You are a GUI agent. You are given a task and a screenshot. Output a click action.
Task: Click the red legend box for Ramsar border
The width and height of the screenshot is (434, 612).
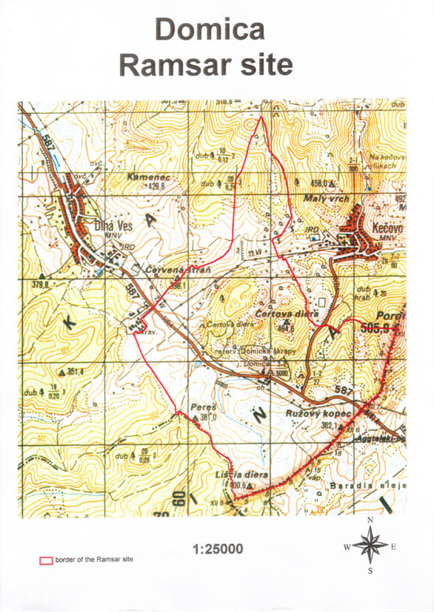tap(46, 560)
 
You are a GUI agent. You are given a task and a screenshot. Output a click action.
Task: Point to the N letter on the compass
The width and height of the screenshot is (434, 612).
tap(370, 521)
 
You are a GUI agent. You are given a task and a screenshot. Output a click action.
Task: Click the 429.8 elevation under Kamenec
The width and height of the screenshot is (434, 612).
tap(150, 187)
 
